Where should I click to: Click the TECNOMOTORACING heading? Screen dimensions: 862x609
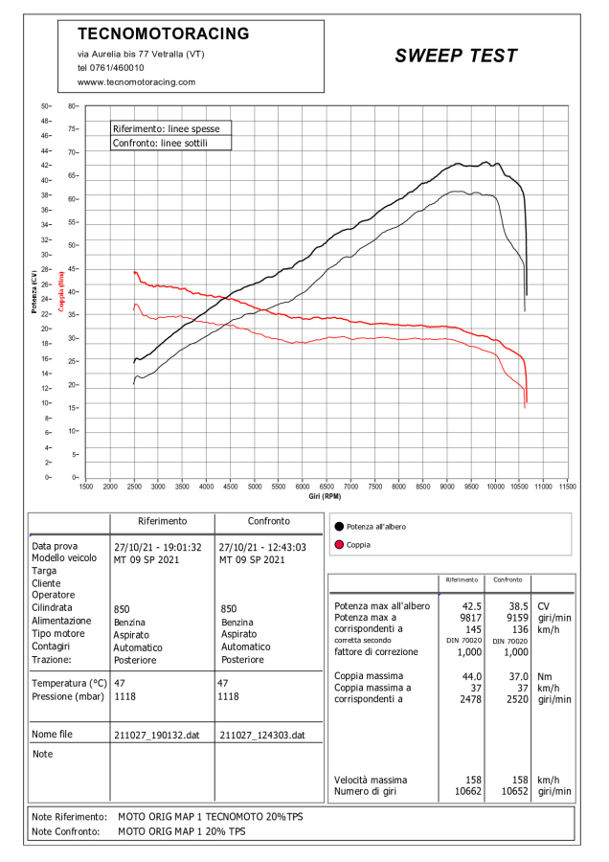pyautogui.click(x=163, y=34)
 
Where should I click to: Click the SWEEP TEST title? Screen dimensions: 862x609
pyautogui.click(x=456, y=57)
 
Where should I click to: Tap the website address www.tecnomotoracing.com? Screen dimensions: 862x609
pyautogui.click(x=136, y=82)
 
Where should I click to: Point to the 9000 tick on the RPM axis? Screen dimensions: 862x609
pyautogui.click(x=447, y=487)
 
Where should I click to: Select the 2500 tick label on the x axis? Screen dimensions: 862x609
pyautogui.click(x=134, y=487)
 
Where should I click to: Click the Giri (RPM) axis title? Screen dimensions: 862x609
pyautogui.click(x=325, y=496)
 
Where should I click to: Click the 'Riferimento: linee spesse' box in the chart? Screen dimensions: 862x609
pyautogui.click(x=170, y=127)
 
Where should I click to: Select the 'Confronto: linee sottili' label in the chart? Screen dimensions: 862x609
pyautogui.click(x=160, y=143)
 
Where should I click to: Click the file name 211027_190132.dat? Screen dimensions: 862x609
pyautogui.click(x=157, y=735)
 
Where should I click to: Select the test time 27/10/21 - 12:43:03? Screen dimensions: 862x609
pyautogui.click(x=262, y=547)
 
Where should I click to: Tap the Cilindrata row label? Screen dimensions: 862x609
pyautogui.click(x=54, y=608)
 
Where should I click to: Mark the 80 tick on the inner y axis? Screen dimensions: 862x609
pyautogui.click(x=72, y=106)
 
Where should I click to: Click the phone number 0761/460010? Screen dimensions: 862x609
pyautogui.click(x=111, y=68)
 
